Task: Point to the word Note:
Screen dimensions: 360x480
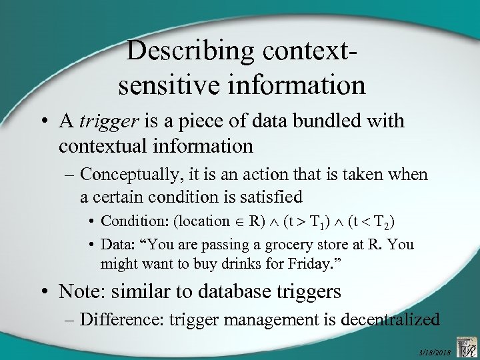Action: pyautogui.click(x=81, y=291)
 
